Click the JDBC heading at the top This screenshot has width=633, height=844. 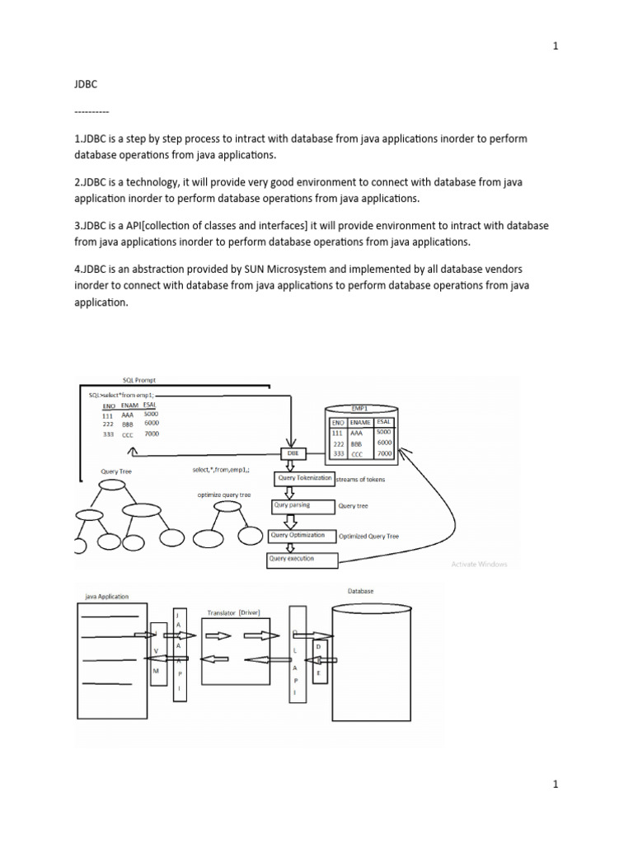(85, 83)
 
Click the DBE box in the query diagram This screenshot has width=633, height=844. (293, 454)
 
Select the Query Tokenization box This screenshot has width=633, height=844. (304, 479)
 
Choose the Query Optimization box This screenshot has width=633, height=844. (302, 536)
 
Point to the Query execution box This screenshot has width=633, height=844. (302, 560)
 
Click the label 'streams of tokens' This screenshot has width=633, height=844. (360, 480)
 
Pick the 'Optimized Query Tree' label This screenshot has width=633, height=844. (369, 537)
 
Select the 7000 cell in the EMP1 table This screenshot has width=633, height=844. (383, 454)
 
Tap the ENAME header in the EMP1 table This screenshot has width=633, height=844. (359, 421)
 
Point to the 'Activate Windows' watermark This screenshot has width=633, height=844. (479, 565)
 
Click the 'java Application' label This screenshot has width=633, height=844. (106, 595)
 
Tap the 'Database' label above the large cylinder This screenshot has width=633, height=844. (360, 591)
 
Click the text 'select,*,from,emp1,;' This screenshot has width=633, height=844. (220, 470)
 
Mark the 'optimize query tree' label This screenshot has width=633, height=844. (224, 495)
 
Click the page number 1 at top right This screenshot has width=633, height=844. (556, 46)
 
